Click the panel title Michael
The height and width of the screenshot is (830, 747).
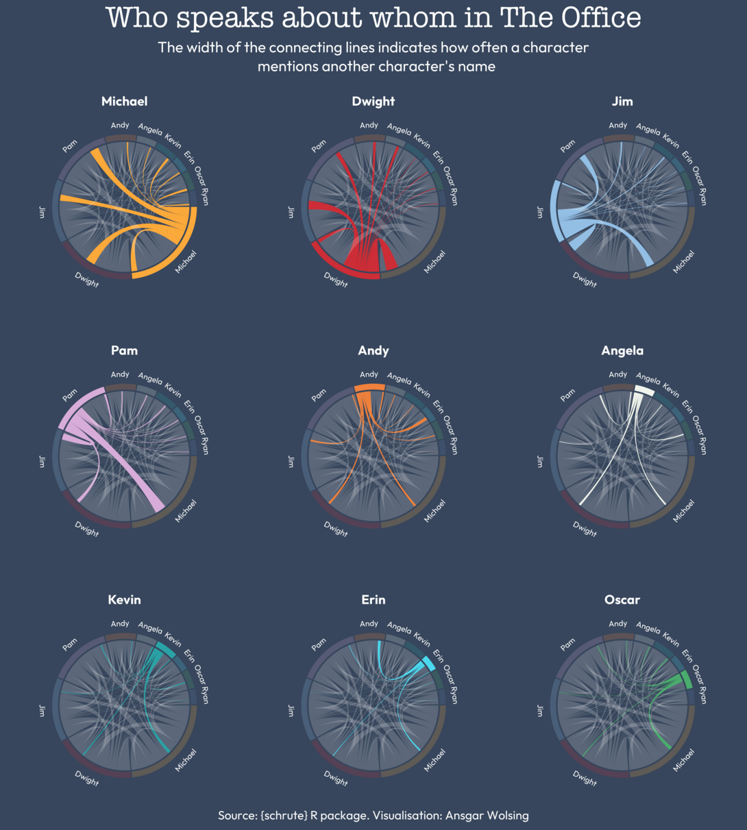click(124, 102)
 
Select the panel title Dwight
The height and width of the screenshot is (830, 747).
click(373, 102)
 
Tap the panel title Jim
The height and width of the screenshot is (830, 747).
click(622, 102)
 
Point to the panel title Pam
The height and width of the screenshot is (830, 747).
click(124, 351)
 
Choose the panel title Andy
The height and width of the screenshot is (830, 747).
click(373, 351)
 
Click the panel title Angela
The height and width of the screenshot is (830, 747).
click(622, 351)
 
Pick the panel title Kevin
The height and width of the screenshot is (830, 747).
click(124, 600)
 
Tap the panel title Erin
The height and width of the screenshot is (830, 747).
click(373, 600)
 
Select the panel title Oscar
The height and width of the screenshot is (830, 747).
click(622, 600)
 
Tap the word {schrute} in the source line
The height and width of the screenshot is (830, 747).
click(283, 816)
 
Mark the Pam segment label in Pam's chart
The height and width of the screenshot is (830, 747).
click(69, 396)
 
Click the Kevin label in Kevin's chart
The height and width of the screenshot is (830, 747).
click(173, 640)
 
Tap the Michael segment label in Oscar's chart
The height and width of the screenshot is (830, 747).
click(683, 759)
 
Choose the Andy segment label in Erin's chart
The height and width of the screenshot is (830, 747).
click(369, 624)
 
